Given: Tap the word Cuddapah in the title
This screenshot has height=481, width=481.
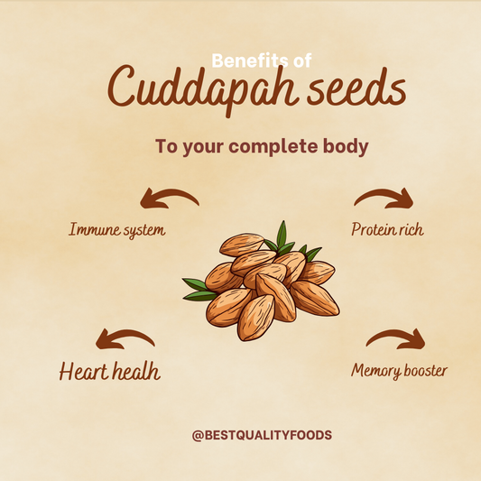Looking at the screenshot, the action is [203, 88].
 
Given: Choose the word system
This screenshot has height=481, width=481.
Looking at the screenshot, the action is [144, 231].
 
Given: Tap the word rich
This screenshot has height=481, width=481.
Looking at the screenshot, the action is [411, 229].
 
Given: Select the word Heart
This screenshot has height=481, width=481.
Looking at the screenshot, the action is [83, 372].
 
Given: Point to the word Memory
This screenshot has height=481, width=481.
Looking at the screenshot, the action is [375, 371].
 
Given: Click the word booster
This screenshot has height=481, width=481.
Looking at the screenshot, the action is [425, 370].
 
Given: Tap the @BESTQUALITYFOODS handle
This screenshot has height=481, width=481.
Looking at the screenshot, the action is [262, 435].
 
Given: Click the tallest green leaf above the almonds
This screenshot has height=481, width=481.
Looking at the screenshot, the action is [282, 235].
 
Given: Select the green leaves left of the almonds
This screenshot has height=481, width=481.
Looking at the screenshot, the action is [199, 290].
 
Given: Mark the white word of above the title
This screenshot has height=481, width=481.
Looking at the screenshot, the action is [302, 60].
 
